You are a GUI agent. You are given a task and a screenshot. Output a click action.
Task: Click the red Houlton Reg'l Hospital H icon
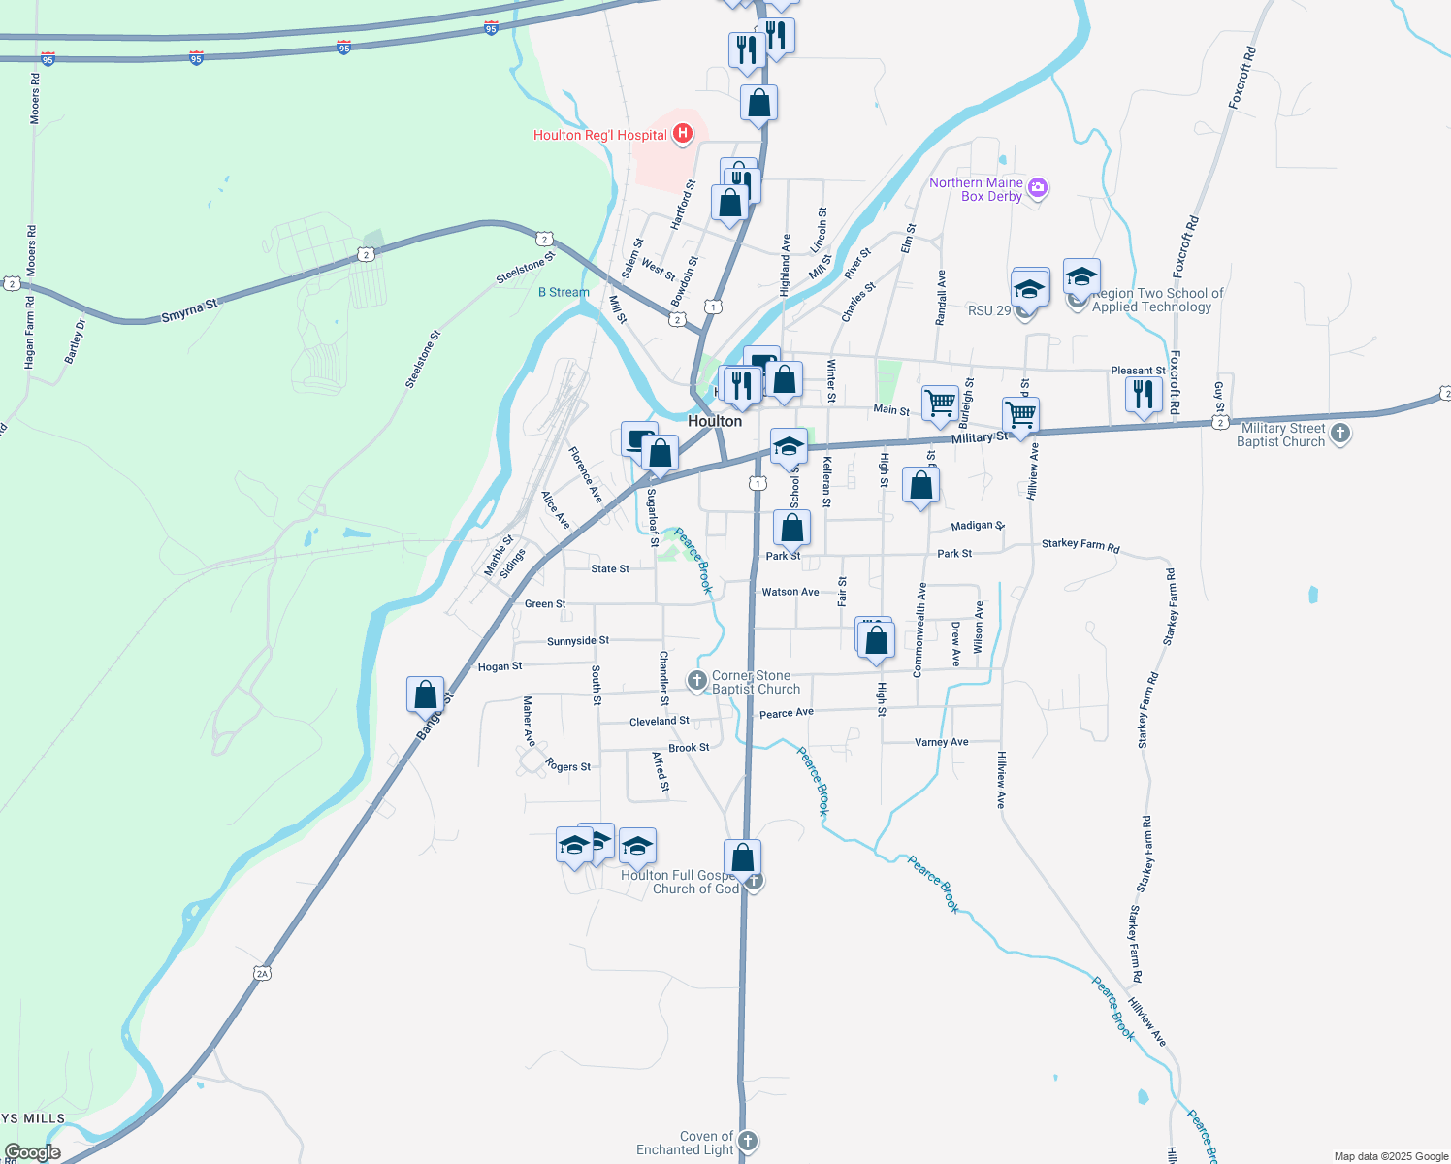(x=683, y=134)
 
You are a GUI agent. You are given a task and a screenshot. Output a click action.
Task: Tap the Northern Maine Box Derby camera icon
(x=1038, y=188)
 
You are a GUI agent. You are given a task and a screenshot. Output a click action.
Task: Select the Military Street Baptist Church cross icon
(x=1340, y=434)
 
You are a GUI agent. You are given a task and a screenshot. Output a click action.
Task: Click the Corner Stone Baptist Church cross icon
(x=697, y=681)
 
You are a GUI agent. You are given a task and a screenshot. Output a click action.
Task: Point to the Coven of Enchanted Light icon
(x=747, y=1141)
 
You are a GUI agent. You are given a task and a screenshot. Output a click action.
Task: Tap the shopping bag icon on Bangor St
(x=425, y=695)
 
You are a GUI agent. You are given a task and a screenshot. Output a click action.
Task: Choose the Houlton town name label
(x=715, y=421)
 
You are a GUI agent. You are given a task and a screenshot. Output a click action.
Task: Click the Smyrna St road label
(x=189, y=311)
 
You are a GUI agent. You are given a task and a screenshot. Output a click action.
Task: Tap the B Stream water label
(x=564, y=292)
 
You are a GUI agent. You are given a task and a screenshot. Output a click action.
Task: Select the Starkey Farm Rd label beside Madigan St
(x=1080, y=545)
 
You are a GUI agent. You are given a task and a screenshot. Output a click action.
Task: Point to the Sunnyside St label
(x=578, y=641)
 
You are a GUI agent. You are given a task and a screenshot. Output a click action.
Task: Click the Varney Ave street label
(x=941, y=742)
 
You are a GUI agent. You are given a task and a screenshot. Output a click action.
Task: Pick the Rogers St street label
(x=568, y=766)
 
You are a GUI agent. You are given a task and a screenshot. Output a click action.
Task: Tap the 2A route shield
(x=262, y=973)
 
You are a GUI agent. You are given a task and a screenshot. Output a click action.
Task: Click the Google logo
(x=33, y=1152)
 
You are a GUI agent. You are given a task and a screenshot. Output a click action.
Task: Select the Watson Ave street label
(x=790, y=592)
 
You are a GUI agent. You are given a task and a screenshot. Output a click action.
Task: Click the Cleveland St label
(x=660, y=721)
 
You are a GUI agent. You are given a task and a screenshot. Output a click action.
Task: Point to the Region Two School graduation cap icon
(x=1080, y=276)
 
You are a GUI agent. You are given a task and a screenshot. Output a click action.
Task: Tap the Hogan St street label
(x=500, y=666)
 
